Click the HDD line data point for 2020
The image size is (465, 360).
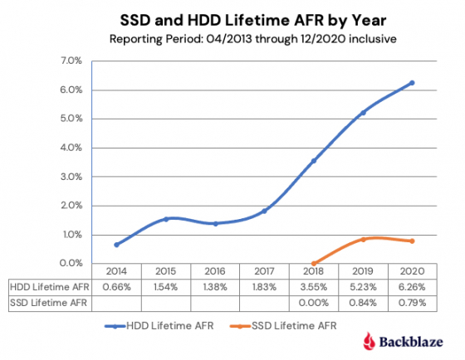click(412, 83)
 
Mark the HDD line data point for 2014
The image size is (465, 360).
click(117, 245)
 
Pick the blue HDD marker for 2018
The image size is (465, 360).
click(313, 161)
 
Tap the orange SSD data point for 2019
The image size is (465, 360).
click(363, 240)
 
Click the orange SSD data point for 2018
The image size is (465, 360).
click(313, 263)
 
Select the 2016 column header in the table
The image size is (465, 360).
click(215, 271)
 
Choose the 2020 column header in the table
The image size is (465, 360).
click(412, 271)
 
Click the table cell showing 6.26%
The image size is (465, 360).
click(412, 285)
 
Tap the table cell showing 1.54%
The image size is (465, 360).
click(166, 285)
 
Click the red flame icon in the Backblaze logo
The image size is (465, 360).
click(370, 340)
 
